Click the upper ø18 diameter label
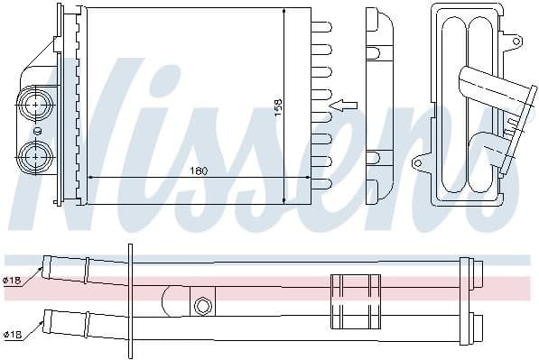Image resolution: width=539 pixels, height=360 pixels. (x=12, y=281)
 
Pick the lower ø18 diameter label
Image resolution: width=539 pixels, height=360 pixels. (x=12, y=335)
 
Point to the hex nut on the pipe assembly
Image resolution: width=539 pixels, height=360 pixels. (x=203, y=306)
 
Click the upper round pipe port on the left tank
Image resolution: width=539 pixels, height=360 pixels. (x=36, y=104)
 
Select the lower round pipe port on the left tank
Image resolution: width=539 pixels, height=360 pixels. (x=36, y=155)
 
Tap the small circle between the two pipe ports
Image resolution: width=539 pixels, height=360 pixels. (x=37, y=130)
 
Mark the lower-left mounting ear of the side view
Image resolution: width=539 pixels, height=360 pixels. (x=417, y=163)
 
